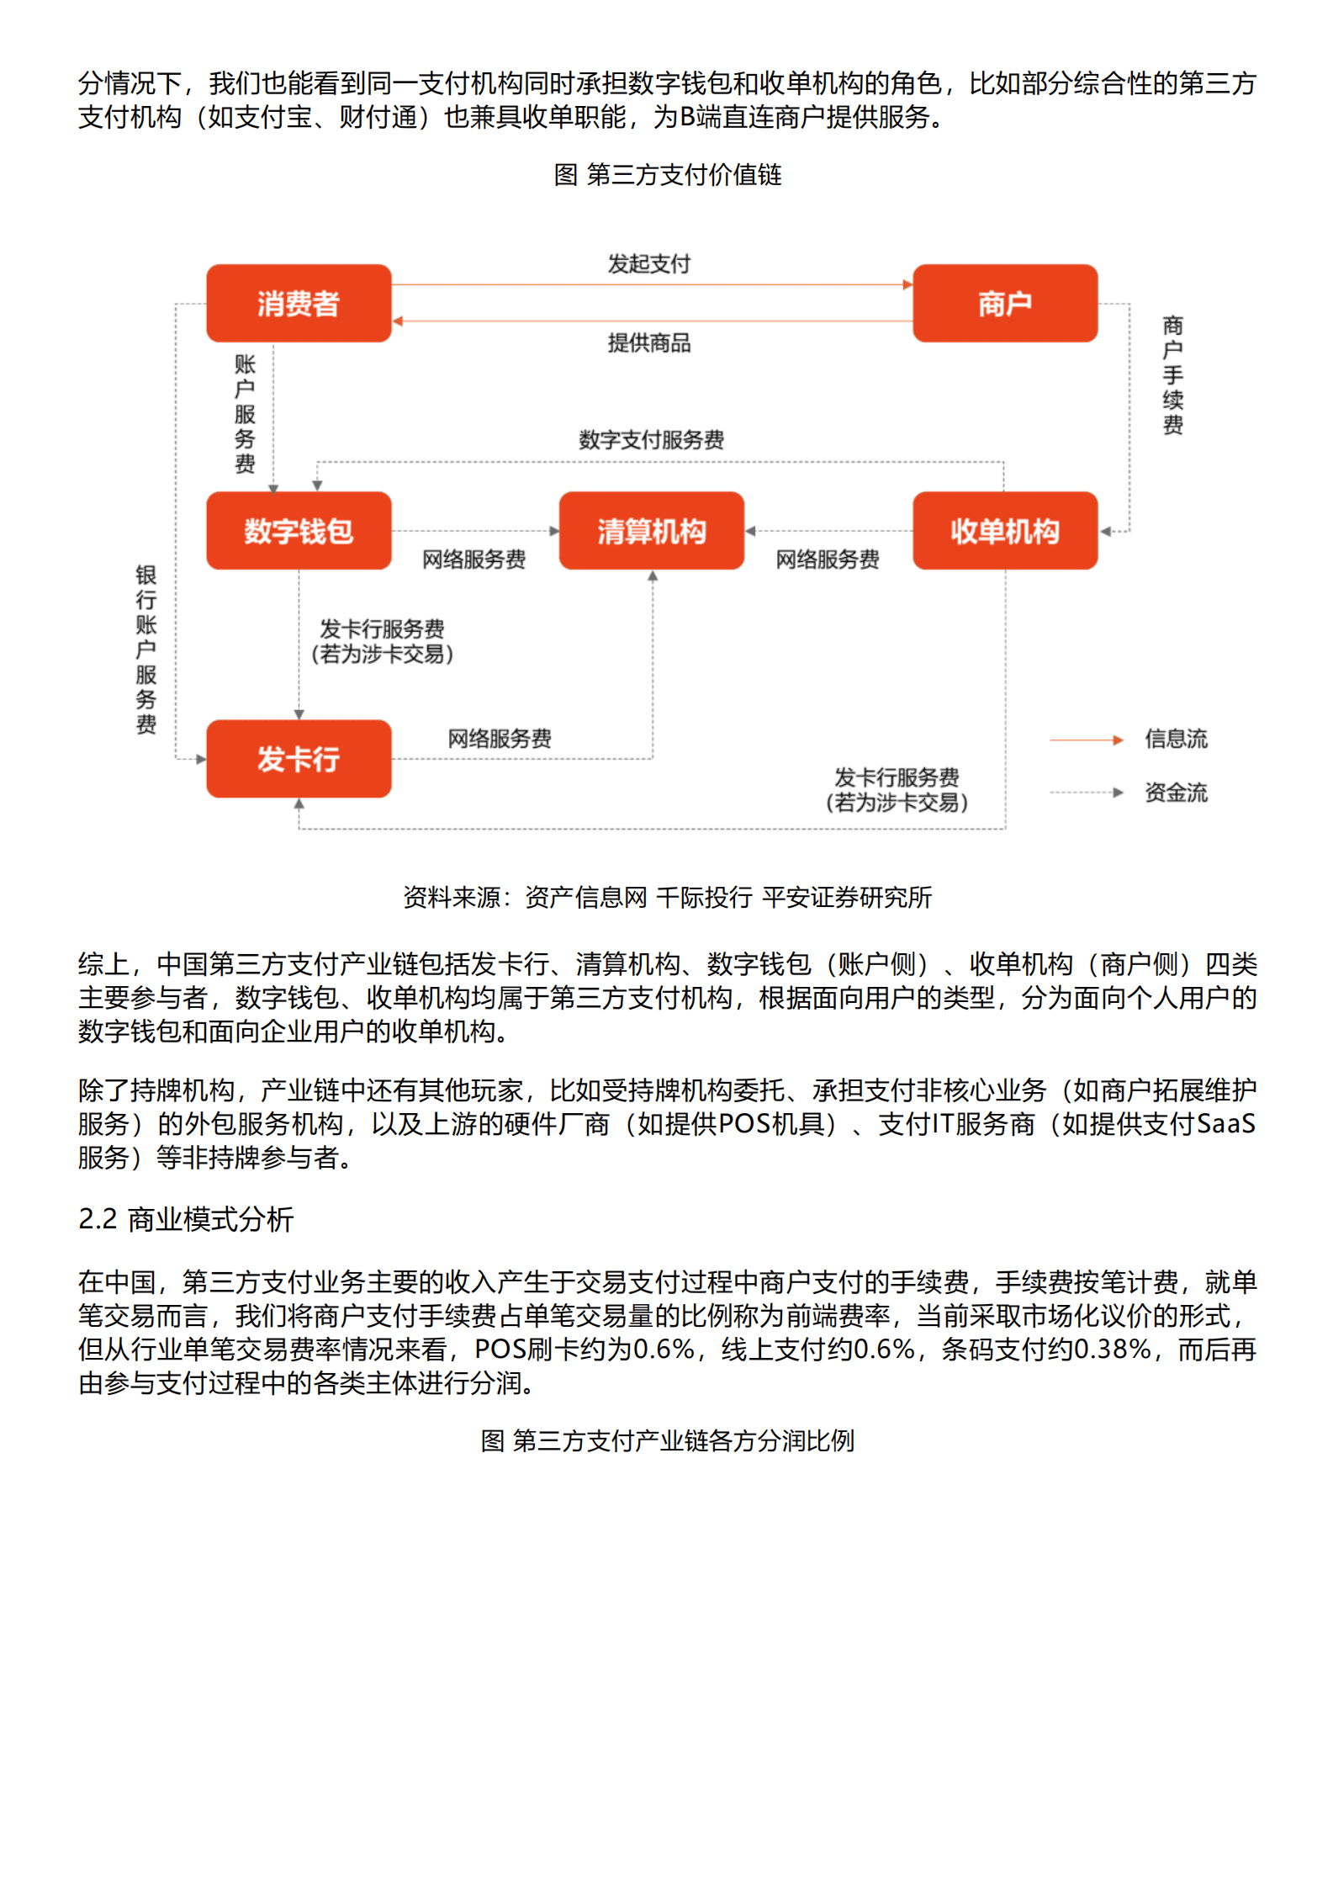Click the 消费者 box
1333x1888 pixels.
[299, 303]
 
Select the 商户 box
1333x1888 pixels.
[1004, 303]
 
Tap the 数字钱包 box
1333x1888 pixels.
[299, 531]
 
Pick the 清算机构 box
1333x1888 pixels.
[651, 531]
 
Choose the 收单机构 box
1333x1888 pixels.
[1004, 531]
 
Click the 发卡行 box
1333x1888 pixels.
[299, 758]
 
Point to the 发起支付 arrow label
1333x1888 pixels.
[648, 264]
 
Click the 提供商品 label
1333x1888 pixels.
[648, 342]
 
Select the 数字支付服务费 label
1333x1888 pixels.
[651, 439]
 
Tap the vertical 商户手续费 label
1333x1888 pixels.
[1172, 375]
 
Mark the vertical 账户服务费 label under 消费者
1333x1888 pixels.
[245, 414]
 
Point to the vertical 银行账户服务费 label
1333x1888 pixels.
[146, 650]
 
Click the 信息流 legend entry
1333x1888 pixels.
[1175, 739]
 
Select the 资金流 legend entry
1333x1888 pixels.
[1175, 793]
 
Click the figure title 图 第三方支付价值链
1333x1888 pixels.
[667, 175]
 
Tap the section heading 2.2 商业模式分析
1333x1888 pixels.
[186, 1219]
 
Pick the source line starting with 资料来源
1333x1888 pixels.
[667, 898]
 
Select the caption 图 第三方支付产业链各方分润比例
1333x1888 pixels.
[667, 1440]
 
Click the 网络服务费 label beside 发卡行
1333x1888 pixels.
[500, 739]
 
